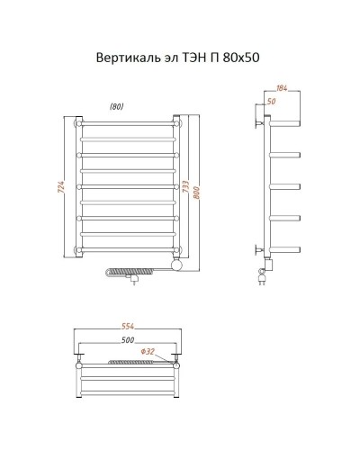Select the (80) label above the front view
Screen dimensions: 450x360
(117, 107)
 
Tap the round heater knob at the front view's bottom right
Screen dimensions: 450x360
(176, 265)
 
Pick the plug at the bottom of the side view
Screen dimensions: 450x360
(262, 280)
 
